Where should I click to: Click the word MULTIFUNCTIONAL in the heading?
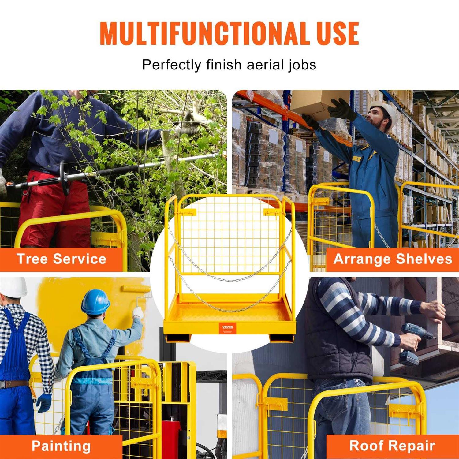point(203,34)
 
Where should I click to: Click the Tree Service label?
point(61,259)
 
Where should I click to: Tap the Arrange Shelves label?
point(393,259)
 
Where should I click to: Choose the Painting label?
point(61,446)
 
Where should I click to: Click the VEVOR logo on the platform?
point(228,328)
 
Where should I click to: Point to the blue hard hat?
point(95,302)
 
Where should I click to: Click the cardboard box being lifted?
point(318,104)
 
